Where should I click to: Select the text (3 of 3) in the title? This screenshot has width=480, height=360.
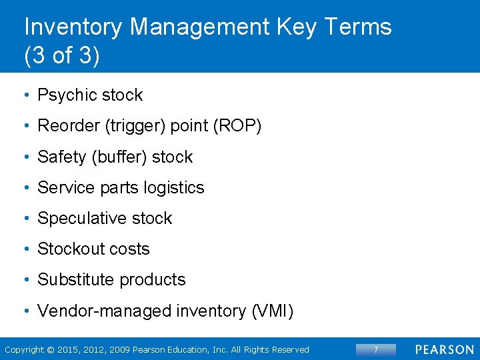click(x=62, y=56)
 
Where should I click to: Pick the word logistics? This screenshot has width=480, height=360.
click(x=173, y=187)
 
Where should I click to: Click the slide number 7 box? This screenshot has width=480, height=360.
click(x=375, y=349)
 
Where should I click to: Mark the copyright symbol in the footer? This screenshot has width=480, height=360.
click(x=51, y=349)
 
